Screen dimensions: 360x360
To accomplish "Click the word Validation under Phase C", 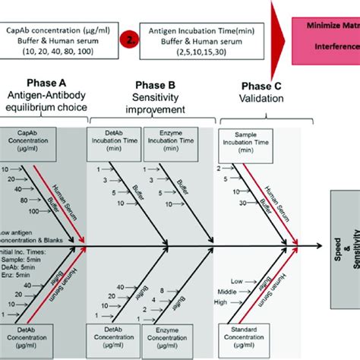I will (x=258, y=100).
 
